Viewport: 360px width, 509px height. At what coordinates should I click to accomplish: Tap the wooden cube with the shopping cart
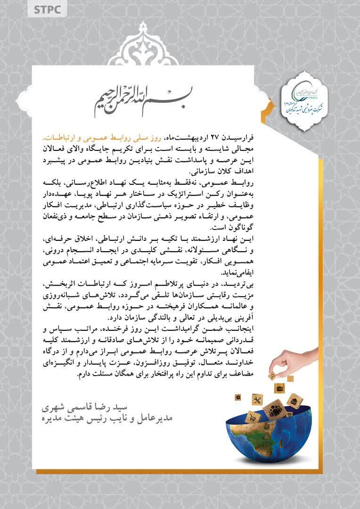coord(254,417)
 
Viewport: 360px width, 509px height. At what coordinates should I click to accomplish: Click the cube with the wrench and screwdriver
coord(257,400)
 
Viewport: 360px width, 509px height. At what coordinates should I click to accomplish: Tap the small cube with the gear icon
coord(238,398)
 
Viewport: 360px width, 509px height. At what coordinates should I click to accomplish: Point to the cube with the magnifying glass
coord(272,376)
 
